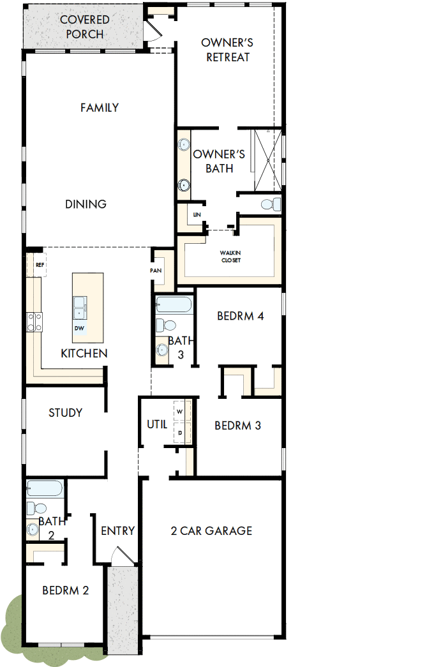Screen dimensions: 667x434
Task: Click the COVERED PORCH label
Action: tap(84, 27)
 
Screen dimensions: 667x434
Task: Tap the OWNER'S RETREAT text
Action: tap(227, 50)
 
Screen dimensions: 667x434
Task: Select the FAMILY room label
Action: tap(100, 108)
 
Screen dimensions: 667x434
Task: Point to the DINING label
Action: tap(86, 204)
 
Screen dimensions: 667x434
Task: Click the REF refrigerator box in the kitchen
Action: tap(40, 264)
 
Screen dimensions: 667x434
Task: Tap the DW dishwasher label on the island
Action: tap(79, 328)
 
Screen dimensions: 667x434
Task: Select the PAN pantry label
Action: tap(155, 270)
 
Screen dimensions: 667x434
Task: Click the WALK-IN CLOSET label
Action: tap(230, 257)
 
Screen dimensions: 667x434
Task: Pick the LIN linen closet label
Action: tap(197, 215)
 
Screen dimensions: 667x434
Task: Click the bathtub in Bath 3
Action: tap(174, 304)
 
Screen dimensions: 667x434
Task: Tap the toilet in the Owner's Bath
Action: tap(271, 204)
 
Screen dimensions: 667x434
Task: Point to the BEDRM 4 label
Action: tap(240, 316)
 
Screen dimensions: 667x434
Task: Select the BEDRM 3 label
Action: tap(237, 426)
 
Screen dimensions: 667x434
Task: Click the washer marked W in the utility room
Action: tap(179, 412)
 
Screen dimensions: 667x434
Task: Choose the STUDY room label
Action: tap(65, 413)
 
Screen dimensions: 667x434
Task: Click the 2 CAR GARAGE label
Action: tap(211, 530)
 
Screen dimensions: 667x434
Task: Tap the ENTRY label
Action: tap(117, 530)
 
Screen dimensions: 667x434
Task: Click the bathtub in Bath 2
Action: tap(45, 488)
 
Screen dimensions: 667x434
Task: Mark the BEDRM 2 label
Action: tap(65, 590)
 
